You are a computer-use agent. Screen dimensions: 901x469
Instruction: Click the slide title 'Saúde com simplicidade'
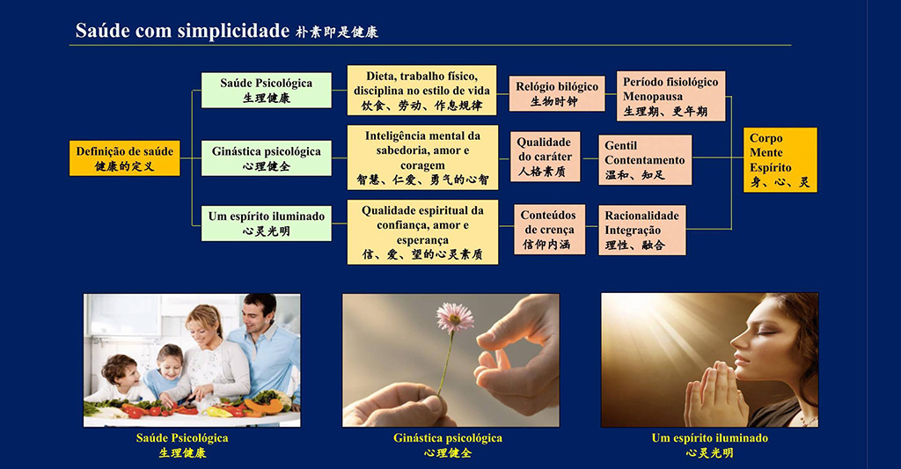(x=182, y=31)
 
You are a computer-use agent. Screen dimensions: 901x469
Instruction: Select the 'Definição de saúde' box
(x=125, y=158)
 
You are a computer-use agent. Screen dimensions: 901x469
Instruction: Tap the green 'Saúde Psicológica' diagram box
(x=266, y=91)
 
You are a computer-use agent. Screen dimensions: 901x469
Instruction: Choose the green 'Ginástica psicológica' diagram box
(x=266, y=158)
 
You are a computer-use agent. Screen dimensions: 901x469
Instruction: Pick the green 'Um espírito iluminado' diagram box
(x=266, y=223)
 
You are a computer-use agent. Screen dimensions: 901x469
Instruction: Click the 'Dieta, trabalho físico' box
(x=421, y=91)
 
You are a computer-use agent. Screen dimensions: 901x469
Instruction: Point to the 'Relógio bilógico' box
(x=557, y=93)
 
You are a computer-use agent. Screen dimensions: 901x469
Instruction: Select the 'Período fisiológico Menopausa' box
(x=670, y=96)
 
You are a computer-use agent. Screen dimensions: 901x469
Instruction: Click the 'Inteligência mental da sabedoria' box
(x=422, y=158)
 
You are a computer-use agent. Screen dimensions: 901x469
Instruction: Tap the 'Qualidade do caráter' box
(x=545, y=157)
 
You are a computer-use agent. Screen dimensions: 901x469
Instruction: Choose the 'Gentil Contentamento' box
(x=645, y=160)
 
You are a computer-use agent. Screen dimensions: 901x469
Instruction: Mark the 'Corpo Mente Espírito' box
(x=780, y=160)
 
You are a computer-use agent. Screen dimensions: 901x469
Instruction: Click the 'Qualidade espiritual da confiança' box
(x=422, y=232)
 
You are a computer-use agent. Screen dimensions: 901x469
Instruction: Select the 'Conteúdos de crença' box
(x=549, y=230)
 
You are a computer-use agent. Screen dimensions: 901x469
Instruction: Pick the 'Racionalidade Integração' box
(x=641, y=230)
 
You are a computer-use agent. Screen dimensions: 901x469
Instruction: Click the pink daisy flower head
(x=455, y=317)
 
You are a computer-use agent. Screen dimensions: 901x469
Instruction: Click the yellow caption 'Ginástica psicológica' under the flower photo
(x=448, y=438)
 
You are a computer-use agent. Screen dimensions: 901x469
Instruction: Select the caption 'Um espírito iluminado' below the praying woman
(x=710, y=438)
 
